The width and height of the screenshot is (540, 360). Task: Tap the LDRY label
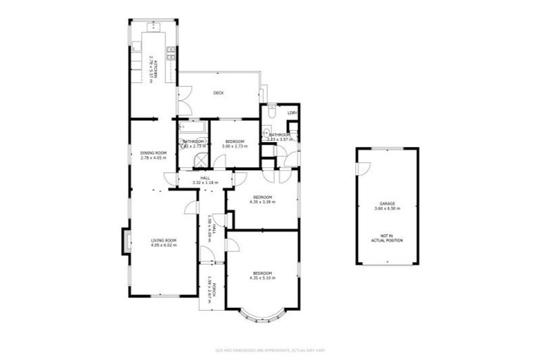coord(292,112)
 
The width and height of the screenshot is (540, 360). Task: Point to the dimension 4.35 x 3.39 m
coord(262,202)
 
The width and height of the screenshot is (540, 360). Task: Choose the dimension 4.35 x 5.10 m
coord(262,278)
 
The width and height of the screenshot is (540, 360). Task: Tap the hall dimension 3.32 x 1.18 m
coord(205,183)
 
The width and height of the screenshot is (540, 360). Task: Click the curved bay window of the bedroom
coord(262,314)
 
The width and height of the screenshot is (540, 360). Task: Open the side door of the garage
coord(362,169)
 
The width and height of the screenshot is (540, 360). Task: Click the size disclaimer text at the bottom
coord(270,349)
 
